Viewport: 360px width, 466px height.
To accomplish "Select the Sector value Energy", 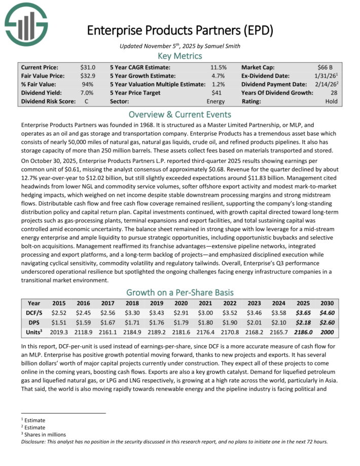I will pyautogui.click(x=217, y=101).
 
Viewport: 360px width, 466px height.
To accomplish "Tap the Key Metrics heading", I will pyautogui.click(x=180, y=56).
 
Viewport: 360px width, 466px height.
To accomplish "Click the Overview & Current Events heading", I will pyautogui.click(x=180, y=114).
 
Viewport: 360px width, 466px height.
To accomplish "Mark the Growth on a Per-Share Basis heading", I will pyautogui.click(x=180, y=292).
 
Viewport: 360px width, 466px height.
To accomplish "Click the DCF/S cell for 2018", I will pyautogui.click(x=133, y=313).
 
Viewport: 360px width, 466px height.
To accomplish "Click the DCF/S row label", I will pyautogui.click(x=33, y=313).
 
